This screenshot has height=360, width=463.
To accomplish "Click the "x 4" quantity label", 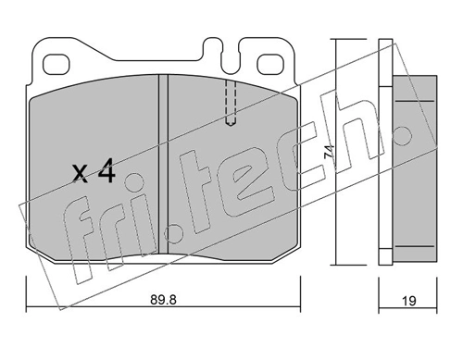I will pyautogui.click(x=94, y=172).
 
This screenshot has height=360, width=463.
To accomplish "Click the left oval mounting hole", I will pyautogui.click(x=55, y=64).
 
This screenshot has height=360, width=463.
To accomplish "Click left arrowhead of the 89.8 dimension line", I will pyautogui.click(x=29, y=308).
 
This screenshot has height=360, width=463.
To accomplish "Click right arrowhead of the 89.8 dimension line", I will pyautogui.click(x=299, y=308).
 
